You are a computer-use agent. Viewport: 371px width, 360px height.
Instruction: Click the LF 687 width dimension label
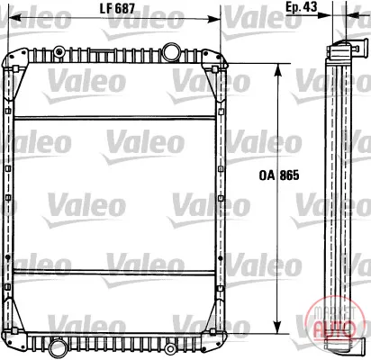[x=117, y=9]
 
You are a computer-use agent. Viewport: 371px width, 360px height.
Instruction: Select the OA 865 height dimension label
[x=279, y=175]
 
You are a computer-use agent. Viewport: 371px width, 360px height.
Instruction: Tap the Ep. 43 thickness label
[x=301, y=6]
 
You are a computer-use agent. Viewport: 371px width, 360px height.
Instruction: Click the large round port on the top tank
[x=171, y=51]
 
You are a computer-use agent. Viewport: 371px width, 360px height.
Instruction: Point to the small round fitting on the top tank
[x=59, y=52]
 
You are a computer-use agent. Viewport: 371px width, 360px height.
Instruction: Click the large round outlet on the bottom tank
[x=57, y=347]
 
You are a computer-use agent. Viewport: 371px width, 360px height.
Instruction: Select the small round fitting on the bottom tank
[x=171, y=348]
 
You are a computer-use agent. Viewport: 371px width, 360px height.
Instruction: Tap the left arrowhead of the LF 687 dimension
[x=14, y=19]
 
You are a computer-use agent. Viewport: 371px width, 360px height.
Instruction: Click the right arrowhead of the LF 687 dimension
[x=214, y=19]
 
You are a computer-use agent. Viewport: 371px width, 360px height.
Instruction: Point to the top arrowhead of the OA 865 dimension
[x=278, y=69]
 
